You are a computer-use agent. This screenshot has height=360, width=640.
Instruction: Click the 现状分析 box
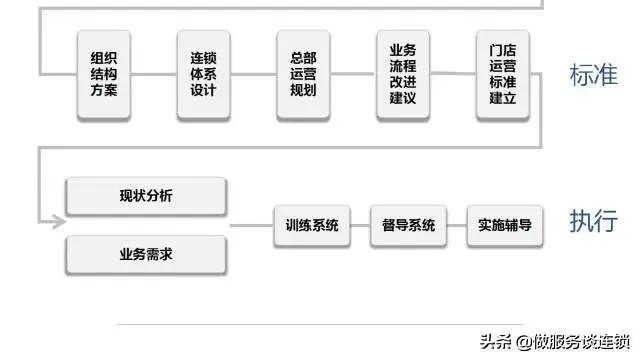(145, 196)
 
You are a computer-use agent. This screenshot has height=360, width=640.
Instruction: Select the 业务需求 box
(145, 255)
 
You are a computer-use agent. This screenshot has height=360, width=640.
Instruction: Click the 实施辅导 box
(503, 225)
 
